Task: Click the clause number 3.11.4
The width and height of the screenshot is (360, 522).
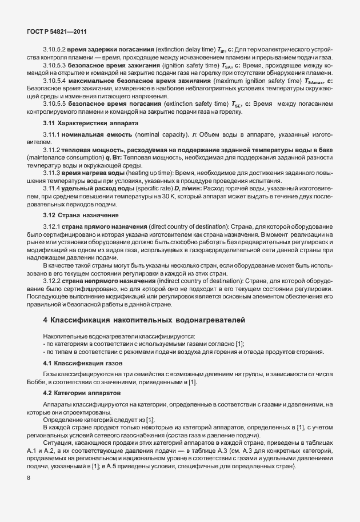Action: click(x=51, y=189)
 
